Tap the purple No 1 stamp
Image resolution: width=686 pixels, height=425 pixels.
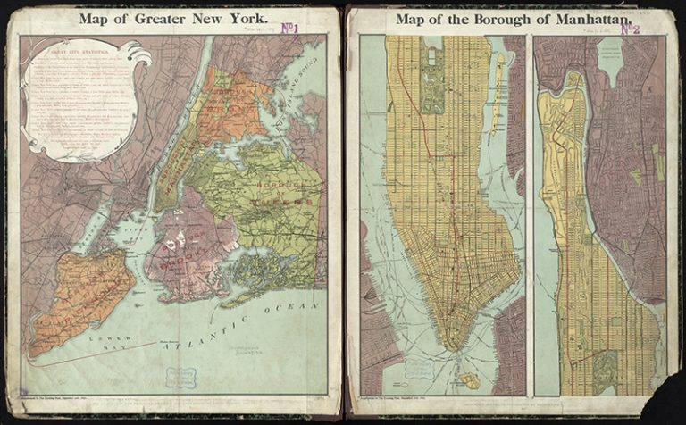click(289, 29)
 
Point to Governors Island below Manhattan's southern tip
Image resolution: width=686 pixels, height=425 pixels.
click(467, 380)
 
